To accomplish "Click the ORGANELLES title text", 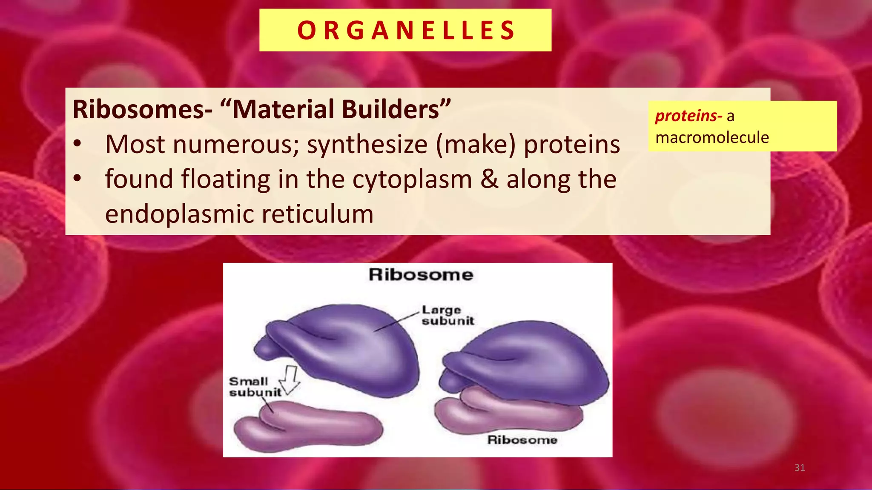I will point(406,30).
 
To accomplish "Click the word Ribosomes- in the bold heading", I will point(142,109).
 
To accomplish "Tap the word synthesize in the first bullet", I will point(367,145).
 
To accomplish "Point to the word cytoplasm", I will point(412,179).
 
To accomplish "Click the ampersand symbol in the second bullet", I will point(490,179).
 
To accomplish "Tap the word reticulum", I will point(317,214).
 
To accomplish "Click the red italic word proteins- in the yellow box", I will point(688,116).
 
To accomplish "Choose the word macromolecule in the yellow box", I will point(712,137).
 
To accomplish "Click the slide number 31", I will point(800,468).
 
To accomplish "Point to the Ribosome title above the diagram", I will point(421,275).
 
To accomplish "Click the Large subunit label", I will point(447,315).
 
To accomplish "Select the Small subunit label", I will point(255,387).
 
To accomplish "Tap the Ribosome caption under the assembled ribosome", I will point(522,440).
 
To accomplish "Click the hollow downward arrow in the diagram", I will point(291,379).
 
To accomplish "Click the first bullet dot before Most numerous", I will point(77,144).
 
